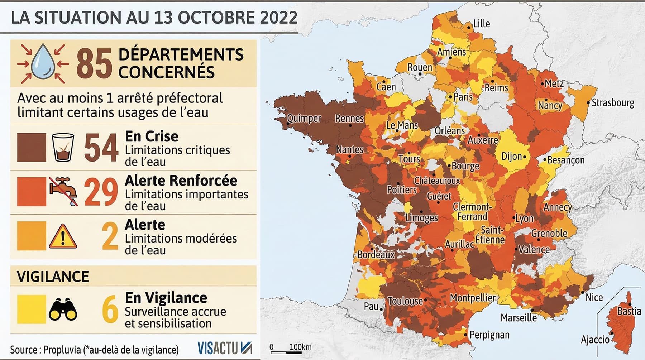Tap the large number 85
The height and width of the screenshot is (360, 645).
point(94,64)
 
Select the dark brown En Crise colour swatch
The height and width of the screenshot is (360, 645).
point(32,147)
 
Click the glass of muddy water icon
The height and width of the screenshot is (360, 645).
point(63,147)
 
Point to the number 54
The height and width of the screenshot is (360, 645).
point(101,147)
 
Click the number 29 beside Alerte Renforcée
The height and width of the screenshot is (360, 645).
point(101,192)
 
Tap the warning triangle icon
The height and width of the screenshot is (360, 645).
point(63,236)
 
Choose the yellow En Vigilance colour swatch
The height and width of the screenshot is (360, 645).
point(32,309)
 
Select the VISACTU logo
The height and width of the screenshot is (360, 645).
point(224,348)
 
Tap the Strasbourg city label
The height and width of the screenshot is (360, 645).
point(613,103)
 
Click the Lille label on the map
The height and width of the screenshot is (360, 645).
point(482,24)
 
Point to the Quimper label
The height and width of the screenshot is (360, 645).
point(304,118)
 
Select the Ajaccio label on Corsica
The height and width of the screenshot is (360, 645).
point(595,339)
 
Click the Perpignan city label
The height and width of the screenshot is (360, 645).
point(489,335)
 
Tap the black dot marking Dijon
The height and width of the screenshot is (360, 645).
point(525,157)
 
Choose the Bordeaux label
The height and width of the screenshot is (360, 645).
point(376,255)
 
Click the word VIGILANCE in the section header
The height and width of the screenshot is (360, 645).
point(53,277)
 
